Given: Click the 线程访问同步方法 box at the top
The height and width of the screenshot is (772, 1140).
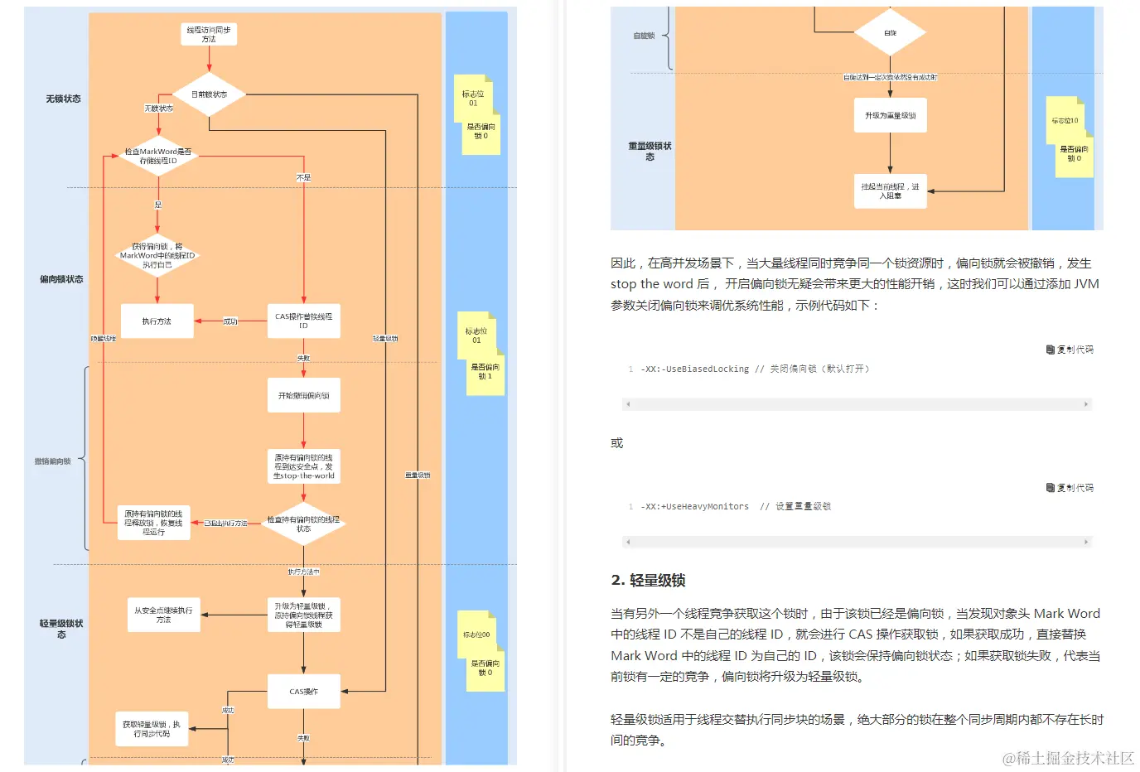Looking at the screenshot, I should [209, 35].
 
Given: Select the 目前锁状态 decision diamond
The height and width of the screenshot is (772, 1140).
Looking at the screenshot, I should [209, 94].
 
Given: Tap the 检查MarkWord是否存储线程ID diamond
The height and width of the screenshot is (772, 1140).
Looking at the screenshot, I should [157, 156].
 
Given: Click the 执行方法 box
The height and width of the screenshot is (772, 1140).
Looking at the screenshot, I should [157, 321].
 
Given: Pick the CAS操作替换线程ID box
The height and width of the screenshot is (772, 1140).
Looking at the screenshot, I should [303, 321].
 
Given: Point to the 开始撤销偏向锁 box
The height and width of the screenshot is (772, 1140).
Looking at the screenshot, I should [303, 396].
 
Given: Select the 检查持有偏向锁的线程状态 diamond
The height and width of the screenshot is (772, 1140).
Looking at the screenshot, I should [303, 524].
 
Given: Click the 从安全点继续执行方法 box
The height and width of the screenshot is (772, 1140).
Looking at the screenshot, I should [163, 615].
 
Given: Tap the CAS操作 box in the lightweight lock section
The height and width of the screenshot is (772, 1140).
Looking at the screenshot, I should [303, 692].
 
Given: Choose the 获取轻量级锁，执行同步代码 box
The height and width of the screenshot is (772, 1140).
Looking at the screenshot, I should [152, 729].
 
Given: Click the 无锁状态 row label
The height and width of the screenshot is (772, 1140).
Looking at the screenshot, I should [63, 99].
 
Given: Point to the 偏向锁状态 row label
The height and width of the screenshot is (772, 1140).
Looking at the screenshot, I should [61, 279].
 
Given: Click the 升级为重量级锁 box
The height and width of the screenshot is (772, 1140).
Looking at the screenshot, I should [890, 116].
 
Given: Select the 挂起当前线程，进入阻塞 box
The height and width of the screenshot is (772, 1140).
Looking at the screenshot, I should [890, 191].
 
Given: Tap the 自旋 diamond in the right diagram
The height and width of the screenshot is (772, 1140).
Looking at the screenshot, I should [890, 33].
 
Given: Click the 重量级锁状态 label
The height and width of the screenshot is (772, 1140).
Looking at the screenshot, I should [650, 151].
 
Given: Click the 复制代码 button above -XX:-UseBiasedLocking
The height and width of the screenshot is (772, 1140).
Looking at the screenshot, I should [1070, 350].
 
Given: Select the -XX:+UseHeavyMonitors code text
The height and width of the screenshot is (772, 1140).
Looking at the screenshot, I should [694, 507].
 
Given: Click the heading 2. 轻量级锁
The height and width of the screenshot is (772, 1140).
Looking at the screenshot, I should [648, 580].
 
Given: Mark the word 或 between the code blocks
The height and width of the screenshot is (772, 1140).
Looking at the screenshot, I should [617, 443].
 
